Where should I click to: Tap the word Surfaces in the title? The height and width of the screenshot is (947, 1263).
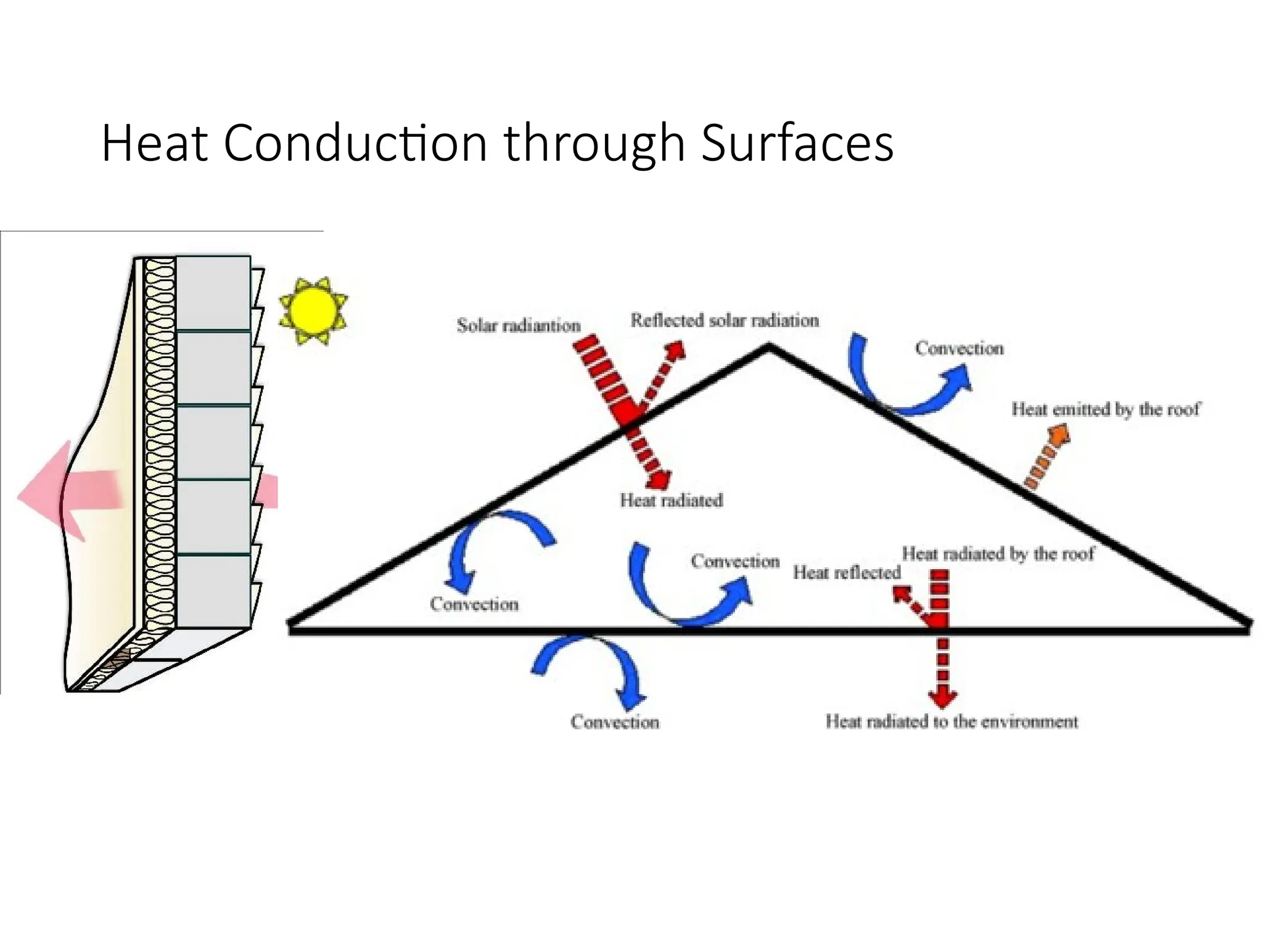click(797, 143)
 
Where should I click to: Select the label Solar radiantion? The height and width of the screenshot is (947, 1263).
click(518, 325)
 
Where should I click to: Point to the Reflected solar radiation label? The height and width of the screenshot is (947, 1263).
click(724, 320)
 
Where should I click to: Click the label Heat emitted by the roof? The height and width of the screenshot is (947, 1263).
click(1105, 409)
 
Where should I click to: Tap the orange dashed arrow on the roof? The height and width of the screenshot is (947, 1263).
click(1047, 457)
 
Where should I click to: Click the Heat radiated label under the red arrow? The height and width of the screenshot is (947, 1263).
click(671, 500)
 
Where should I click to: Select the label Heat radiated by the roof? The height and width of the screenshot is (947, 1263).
click(997, 554)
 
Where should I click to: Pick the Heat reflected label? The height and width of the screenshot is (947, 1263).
click(846, 573)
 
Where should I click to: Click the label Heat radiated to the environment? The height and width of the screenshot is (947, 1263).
click(952, 721)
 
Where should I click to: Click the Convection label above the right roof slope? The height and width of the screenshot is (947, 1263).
click(959, 348)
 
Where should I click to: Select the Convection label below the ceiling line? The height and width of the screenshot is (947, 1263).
click(614, 722)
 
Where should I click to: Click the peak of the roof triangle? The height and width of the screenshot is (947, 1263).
click(768, 347)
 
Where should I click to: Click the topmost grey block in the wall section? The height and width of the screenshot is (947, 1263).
click(213, 293)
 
